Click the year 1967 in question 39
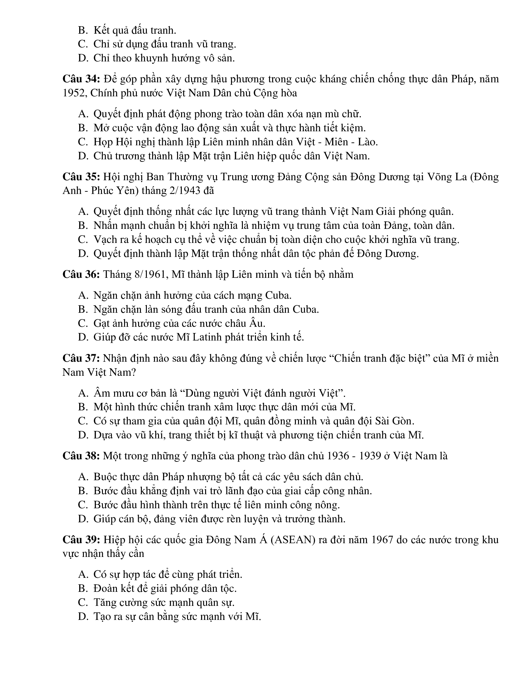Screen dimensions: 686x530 tap(382, 540)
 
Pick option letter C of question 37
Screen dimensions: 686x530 tap(82, 421)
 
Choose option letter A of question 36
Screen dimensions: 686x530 tap(82, 296)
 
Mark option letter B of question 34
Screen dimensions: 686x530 tap(82, 128)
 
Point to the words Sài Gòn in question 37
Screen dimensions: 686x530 tap(396, 421)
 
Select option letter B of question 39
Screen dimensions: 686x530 tap(82, 589)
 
